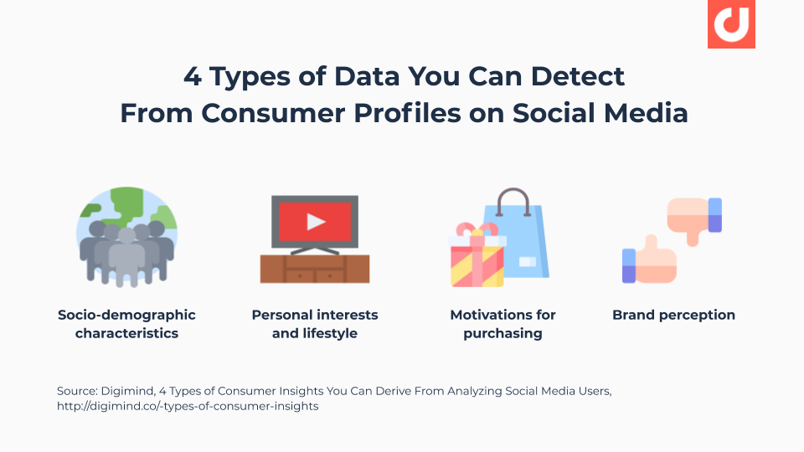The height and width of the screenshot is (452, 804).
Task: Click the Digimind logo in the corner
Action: coord(731,23)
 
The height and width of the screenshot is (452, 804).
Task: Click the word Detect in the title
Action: coord(577,77)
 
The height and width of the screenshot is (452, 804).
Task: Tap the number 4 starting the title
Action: coord(193,77)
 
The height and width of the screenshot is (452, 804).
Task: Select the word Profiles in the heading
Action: coord(407,113)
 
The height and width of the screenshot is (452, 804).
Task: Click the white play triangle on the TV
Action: coord(316,221)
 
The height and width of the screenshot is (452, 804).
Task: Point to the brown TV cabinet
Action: coord(315,269)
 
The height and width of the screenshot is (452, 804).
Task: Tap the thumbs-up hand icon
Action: coord(650,260)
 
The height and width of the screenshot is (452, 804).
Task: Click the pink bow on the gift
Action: coord(477,229)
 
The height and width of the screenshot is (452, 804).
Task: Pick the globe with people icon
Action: coord(126,237)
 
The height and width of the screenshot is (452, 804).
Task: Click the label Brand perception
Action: coord(673,315)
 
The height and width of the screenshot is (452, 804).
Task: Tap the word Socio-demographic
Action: coord(126,315)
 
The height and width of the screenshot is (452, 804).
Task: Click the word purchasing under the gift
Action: coord(502,333)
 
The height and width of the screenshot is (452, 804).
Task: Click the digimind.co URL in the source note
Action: coord(188,406)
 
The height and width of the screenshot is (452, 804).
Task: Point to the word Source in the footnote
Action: coord(77,391)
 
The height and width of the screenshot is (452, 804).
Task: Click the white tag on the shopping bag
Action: coord(527,262)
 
